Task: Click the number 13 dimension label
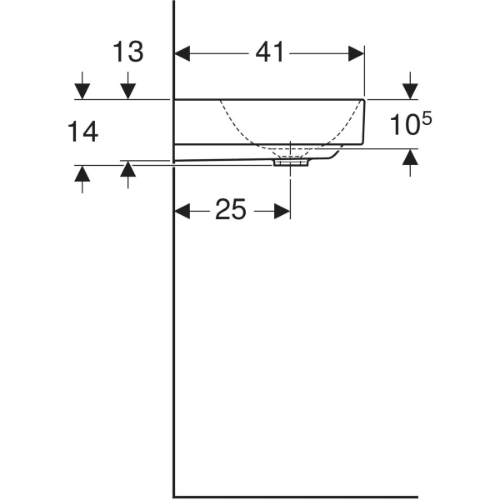pyautogui.click(x=128, y=52)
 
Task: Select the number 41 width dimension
pyautogui.click(x=269, y=52)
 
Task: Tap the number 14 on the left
pyautogui.click(x=82, y=131)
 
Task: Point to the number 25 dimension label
pyautogui.click(x=231, y=211)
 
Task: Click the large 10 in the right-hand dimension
pyautogui.click(x=402, y=127)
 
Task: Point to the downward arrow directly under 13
pyautogui.click(x=128, y=90)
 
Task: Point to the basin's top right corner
pyautogui.click(x=364, y=99)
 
